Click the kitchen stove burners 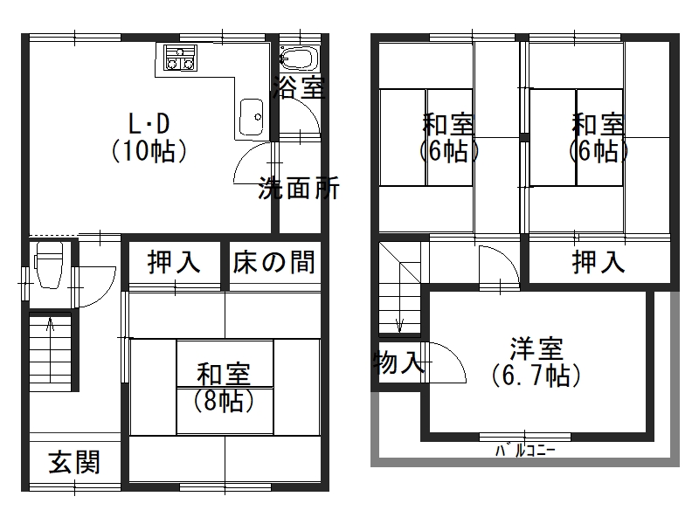click(x=180, y=60)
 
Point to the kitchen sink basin click(x=252, y=116)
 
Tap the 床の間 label click(x=273, y=261)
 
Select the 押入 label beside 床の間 click(x=174, y=261)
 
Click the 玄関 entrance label click(x=73, y=461)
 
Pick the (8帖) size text click(x=225, y=402)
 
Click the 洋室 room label click(x=537, y=348)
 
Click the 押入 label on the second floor click(x=599, y=261)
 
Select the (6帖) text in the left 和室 click(x=448, y=150)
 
